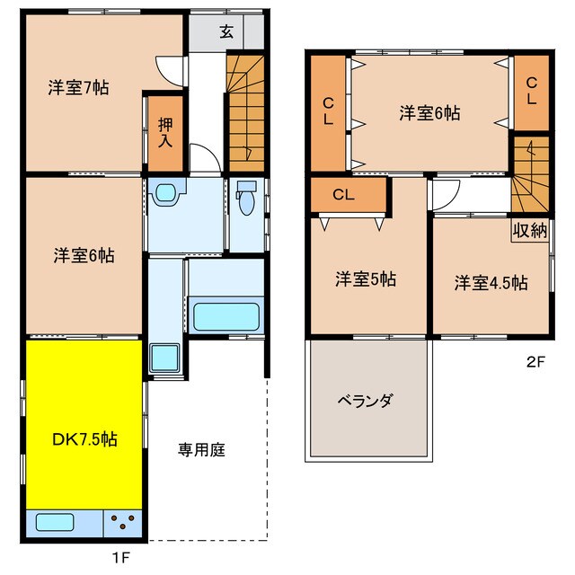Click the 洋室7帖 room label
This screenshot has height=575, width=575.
click(x=78, y=89)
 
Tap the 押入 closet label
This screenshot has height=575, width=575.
click(x=165, y=132)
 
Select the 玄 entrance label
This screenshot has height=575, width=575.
click(x=226, y=32)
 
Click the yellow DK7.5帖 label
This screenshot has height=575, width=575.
click(x=84, y=439)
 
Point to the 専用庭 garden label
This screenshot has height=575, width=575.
click(x=200, y=449)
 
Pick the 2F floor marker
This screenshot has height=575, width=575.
click(x=535, y=364)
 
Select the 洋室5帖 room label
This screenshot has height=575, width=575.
click(x=366, y=279)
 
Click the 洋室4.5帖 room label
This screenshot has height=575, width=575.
click(x=490, y=282)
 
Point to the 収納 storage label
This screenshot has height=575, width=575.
click(x=530, y=230)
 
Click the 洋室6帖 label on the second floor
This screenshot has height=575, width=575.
click(x=430, y=113)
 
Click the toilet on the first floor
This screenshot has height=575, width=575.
click(x=247, y=198)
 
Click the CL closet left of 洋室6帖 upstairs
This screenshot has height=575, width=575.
click(x=329, y=111)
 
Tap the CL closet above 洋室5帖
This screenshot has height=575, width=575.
click(x=344, y=195)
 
